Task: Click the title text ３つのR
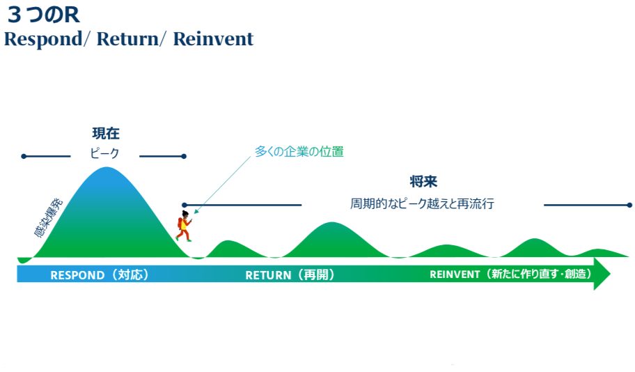[43, 15]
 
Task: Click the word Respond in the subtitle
[43, 40]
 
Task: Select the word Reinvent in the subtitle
[213, 39]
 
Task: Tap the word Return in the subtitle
[128, 39]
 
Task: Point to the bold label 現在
[106, 133]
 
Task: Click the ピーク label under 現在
[104, 153]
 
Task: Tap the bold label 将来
[423, 181]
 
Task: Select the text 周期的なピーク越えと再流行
[422, 203]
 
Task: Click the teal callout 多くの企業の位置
[299, 152]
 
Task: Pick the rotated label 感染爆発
[48, 217]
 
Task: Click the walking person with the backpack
[185, 226]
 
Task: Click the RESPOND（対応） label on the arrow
[99, 274]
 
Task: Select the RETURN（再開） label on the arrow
[290, 274]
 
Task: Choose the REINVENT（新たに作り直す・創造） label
[510, 274]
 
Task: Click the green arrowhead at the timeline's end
[602, 274]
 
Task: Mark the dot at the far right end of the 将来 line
[629, 205]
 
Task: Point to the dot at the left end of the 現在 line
[24, 156]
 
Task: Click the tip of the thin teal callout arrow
[195, 213]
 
